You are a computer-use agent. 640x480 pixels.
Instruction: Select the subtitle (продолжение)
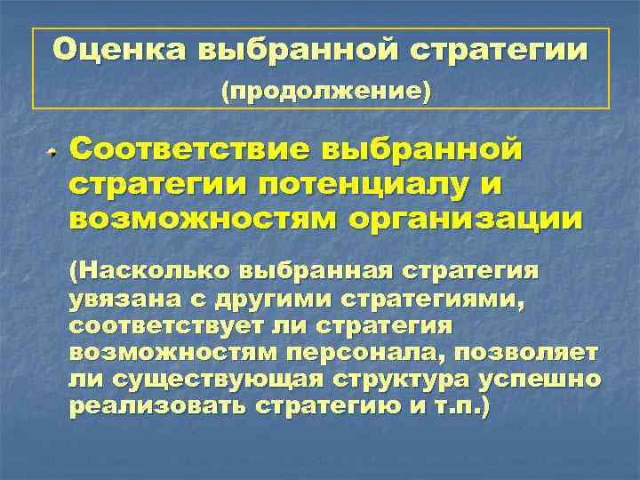(325, 91)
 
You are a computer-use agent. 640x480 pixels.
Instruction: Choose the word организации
(471, 219)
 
